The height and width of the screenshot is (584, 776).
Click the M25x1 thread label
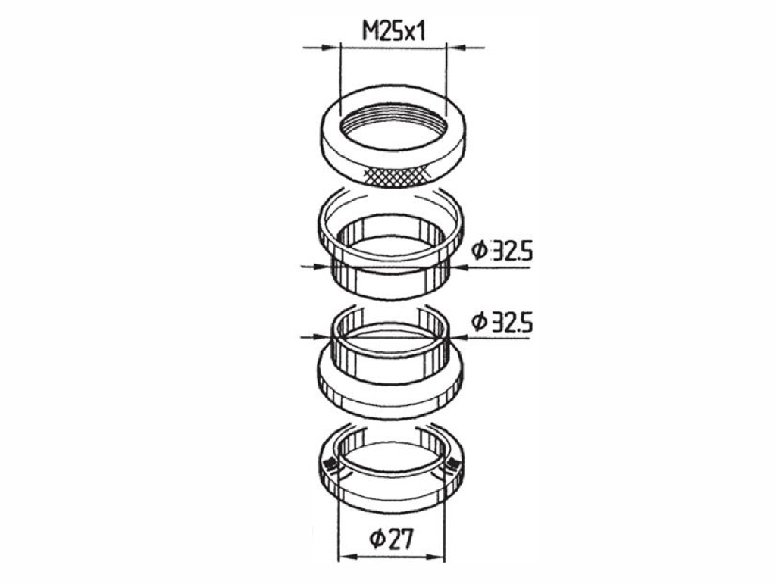[394, 32]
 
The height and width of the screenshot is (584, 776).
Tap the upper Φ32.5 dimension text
[502, 251]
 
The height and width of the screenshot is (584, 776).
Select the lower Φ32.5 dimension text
[502, 323]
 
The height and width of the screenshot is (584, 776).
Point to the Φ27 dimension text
[391, 539]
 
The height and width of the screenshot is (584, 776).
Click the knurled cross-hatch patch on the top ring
[396, 176]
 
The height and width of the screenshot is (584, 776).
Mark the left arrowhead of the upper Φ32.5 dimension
[321, 267]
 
